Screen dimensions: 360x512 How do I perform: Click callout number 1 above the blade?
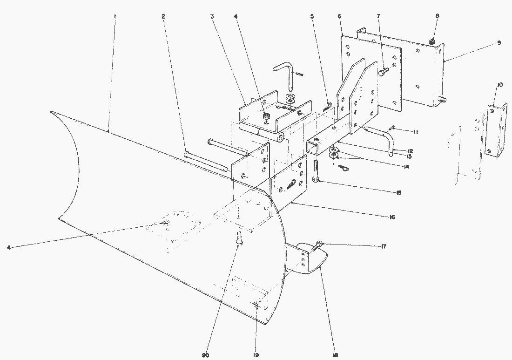tap(115, 16)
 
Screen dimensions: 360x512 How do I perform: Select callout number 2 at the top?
tap(163, 16)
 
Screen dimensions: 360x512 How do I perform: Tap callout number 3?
tap(212, 16)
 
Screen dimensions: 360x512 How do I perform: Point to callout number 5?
tap(312, 16)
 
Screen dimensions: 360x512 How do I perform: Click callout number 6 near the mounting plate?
tap(339, 16)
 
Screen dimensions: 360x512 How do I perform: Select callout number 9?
tap(499, 43)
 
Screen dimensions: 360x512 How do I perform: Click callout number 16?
tap(392, 217)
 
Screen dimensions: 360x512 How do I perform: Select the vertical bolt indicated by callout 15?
tap(317, 172)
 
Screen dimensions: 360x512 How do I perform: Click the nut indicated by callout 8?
tap(433, 42)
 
